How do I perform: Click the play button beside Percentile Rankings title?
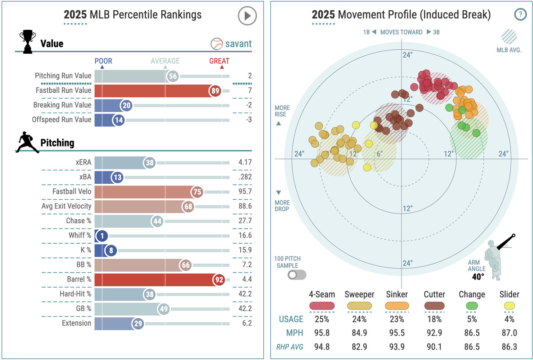pyautogui.click(x=247, y=16)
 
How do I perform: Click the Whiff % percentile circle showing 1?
pyautogui.click(x=102, y=236)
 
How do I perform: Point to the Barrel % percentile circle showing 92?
pyautogui.click(x=219, y=280)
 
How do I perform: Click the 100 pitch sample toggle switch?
pyautogui.click(x=297, y=275)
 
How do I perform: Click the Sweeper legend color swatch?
pyautogui.click(x=359, y=306)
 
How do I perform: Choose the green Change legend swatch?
pyautogui.click(x=471, y=306)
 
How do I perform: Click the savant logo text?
pyautogui.click(x=238, y=44)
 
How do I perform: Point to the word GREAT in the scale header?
pyautogui.click(x=219, y=61)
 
